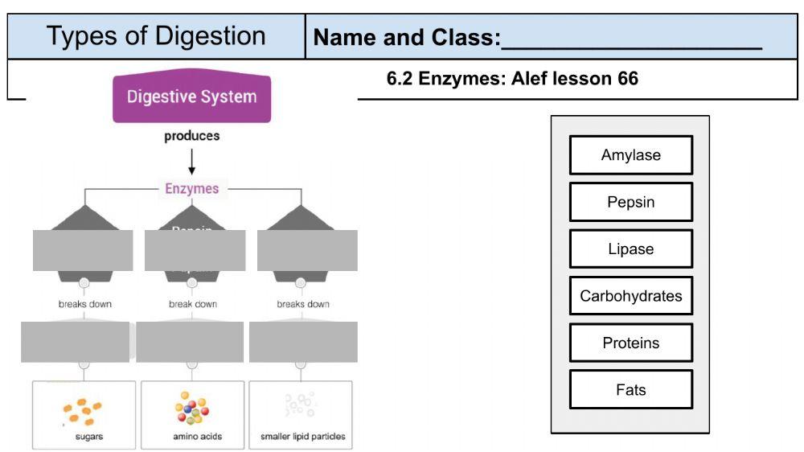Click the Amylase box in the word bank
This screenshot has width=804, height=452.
click(x=630, y=155)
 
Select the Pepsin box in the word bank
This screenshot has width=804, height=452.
click(x=630, y=202)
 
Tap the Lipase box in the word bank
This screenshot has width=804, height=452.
click(x=630, y=249)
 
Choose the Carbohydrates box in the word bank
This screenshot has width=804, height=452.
click(x=630, y=296)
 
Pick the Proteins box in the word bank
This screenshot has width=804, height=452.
click(x=630, y=343)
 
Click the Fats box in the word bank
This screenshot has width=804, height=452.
click(x=630, y=390)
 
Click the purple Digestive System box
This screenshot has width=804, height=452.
click(x=191, y=97)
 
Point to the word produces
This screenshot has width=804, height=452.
click(x=191, y=136)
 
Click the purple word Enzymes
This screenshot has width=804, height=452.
click(x=191, y=189)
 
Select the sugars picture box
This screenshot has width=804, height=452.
click(x=84, y=415)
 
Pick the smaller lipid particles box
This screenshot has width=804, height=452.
click(x=302, y=415)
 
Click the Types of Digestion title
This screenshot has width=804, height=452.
click(x=156, y=36)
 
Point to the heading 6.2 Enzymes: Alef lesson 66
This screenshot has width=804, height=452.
click(x=512, y=79)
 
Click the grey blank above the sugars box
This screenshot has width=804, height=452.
click(x=75, y=342)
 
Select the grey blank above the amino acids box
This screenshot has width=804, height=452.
click(x=190, y=342)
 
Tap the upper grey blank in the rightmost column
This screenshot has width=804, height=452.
click(x=307, y=250)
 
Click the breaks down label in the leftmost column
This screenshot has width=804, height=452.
click(x=84, y=304)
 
